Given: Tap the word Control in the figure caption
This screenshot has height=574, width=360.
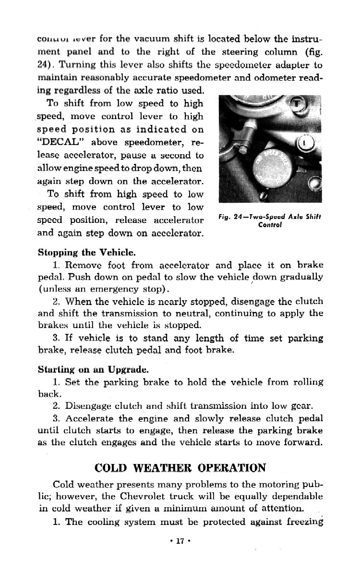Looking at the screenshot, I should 269,224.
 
